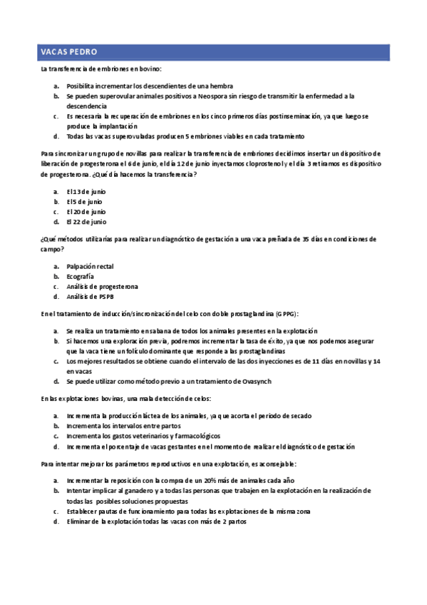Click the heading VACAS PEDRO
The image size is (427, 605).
pyautogui.click(x=69, y=53)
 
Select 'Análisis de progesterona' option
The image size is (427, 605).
pyautogui.click(x=103, y=286)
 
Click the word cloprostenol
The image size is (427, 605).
pyautogui.click(x=242, y=163)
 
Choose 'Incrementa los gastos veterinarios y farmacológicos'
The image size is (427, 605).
pyautogui.click(x=143, y=435)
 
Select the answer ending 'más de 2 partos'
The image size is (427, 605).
pyautogui.click(x=156, y=521)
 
